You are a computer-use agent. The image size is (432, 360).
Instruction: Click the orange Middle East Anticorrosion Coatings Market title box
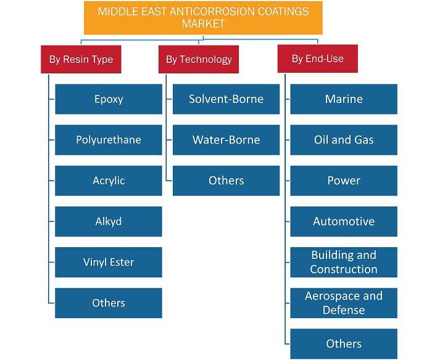click(x=203, y=18)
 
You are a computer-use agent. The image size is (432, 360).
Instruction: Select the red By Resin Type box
click(x=81, y=59)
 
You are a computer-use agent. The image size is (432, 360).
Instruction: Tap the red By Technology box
click(x=199, y=59)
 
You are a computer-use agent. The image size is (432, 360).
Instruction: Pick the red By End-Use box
click(x=318, y=59)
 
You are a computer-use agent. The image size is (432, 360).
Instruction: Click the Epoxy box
click(x=109, y=99)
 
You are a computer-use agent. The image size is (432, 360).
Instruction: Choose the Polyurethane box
click(x=109, y=140)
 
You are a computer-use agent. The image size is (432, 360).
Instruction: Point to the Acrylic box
click(x=109, y=181)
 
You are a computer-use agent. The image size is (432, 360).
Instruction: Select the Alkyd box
click(x=109, y=221)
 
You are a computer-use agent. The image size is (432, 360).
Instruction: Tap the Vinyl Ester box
click(x=109, y=262)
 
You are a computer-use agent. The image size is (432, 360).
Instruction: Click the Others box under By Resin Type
click(x=109, y=303)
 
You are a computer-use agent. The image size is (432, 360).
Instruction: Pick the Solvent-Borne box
click(x=226, y=99)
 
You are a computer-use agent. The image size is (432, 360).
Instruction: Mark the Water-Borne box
click(x=226, y=140)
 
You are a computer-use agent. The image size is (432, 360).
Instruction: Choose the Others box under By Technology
click(x=226, y=181)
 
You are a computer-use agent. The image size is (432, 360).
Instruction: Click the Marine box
click(x=344, y=99)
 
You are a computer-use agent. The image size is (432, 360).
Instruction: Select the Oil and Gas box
click(x=344, y=140)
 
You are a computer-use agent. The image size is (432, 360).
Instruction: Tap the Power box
click(x=344, y=181)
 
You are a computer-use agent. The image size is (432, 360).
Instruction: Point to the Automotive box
click(x=344, y=221)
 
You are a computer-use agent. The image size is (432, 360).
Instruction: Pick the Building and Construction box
click(x=344, y=262)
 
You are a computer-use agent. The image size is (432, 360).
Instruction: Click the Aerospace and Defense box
click(x=344, y=303)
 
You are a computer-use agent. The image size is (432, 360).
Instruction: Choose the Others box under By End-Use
click(x=344, y=344)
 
